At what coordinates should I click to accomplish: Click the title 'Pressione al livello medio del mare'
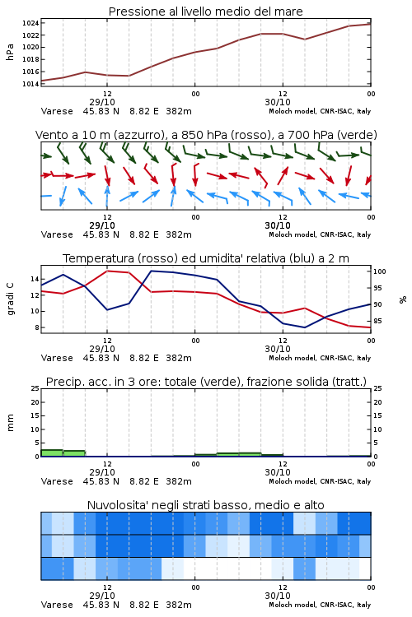click(x=206, y=12)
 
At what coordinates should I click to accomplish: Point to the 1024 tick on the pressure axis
click(x=30, y=23)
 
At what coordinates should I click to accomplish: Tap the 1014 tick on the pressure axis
click(x=30, y=84)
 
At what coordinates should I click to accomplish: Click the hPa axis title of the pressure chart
click(x=10, y=52)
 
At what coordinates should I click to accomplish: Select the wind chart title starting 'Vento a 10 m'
click(x=206, y=135)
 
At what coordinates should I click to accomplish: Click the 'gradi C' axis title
click(x=10, y=299)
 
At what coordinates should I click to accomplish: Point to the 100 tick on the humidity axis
click(x=380, y=271)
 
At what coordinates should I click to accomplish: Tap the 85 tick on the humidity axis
click(x=377, y=321)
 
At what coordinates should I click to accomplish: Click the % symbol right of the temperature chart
click(x=403, y=299)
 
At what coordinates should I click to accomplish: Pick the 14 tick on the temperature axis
click(x=35, y=279)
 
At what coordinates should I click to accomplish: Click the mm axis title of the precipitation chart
click(x=10, y=423)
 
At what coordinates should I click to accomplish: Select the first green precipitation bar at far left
click(x=52, y=453)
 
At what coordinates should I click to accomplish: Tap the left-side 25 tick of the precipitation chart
click(x=35, y=388)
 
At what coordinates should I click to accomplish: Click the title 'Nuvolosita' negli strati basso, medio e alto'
click(x=206, y=505)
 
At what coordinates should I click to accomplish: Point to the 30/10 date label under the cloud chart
click(x=278, y=596)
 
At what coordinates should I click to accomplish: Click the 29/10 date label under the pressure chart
click(x=102, y=102)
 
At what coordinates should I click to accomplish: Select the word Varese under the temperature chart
click(x=57, y=358)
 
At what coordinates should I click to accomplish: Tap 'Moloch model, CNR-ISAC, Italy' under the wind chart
click(x=320, y=235)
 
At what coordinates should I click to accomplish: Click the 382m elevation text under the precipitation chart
click(x=179, y=481)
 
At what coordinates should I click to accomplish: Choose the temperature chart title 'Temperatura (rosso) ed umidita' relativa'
click(x=206, y=258)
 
